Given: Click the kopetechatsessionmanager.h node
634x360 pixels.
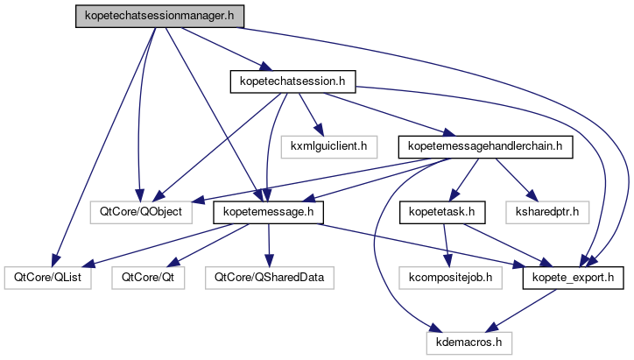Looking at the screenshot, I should coord(158,16).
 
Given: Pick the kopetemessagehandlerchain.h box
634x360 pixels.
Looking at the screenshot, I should coord(486,146).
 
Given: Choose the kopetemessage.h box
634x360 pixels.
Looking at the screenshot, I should coord(269,212).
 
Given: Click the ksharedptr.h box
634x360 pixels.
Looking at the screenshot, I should coord(547,212).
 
